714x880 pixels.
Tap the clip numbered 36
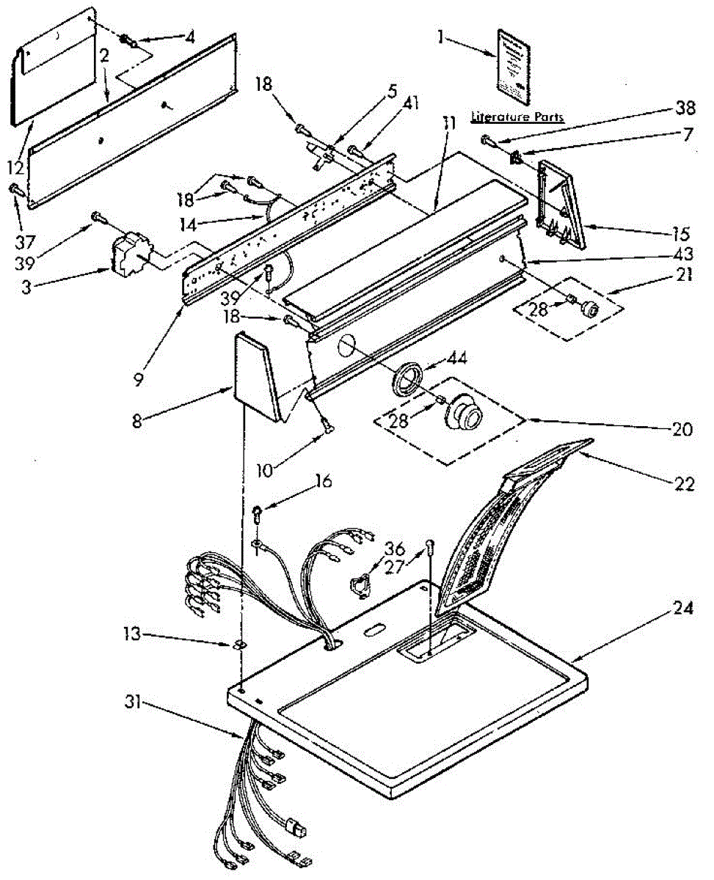click(x=360, y=585)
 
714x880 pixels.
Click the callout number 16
click(x=324, y=481)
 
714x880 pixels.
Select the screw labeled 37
click(x=15, y=189)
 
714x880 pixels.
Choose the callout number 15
click(x=680, y=235)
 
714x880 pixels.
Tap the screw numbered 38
click(x=487, y=139)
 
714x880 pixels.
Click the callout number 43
click(x=682, y=254)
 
